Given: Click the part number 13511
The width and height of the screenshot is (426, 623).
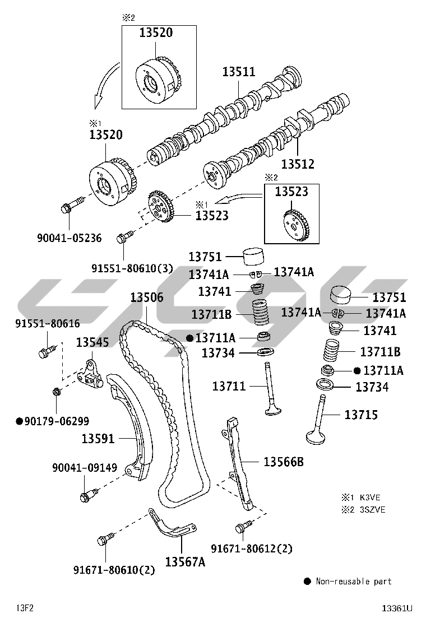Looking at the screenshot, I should (239, 72).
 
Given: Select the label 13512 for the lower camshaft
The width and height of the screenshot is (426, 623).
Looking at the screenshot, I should (298, 164).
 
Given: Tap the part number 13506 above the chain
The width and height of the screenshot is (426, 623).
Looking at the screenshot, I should (147, 297).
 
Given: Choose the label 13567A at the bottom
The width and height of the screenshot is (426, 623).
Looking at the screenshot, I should (185, 561).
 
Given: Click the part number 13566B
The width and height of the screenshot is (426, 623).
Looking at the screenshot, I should (284, 462).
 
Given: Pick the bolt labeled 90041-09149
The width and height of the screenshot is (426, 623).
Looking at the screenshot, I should (88, 495).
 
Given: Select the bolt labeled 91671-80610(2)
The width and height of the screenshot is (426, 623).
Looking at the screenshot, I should (104, 540).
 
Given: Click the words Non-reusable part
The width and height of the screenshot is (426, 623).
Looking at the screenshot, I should (353, 582).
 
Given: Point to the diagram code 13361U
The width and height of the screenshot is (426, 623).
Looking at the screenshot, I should (397, 608).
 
